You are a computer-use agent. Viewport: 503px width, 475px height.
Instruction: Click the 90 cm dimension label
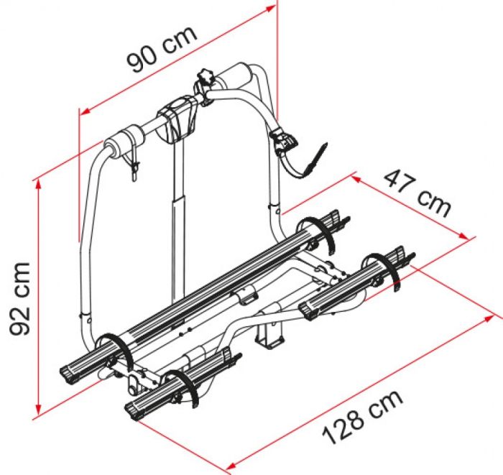(x=162, y=49)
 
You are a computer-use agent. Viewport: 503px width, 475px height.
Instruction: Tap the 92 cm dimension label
(x=20, y=299)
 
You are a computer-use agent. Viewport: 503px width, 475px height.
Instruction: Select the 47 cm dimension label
(x=417, y=194)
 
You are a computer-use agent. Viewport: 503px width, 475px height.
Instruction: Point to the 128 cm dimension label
(x=362, y=418)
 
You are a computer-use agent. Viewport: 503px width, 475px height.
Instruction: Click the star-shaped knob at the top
(x=206, y=78)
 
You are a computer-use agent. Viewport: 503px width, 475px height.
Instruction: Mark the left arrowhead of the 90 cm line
(x=85, y=111)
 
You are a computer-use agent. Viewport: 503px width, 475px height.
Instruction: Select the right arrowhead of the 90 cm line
(x=270, y=8)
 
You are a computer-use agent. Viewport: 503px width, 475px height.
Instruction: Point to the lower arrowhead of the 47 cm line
(x=463, y=236)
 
